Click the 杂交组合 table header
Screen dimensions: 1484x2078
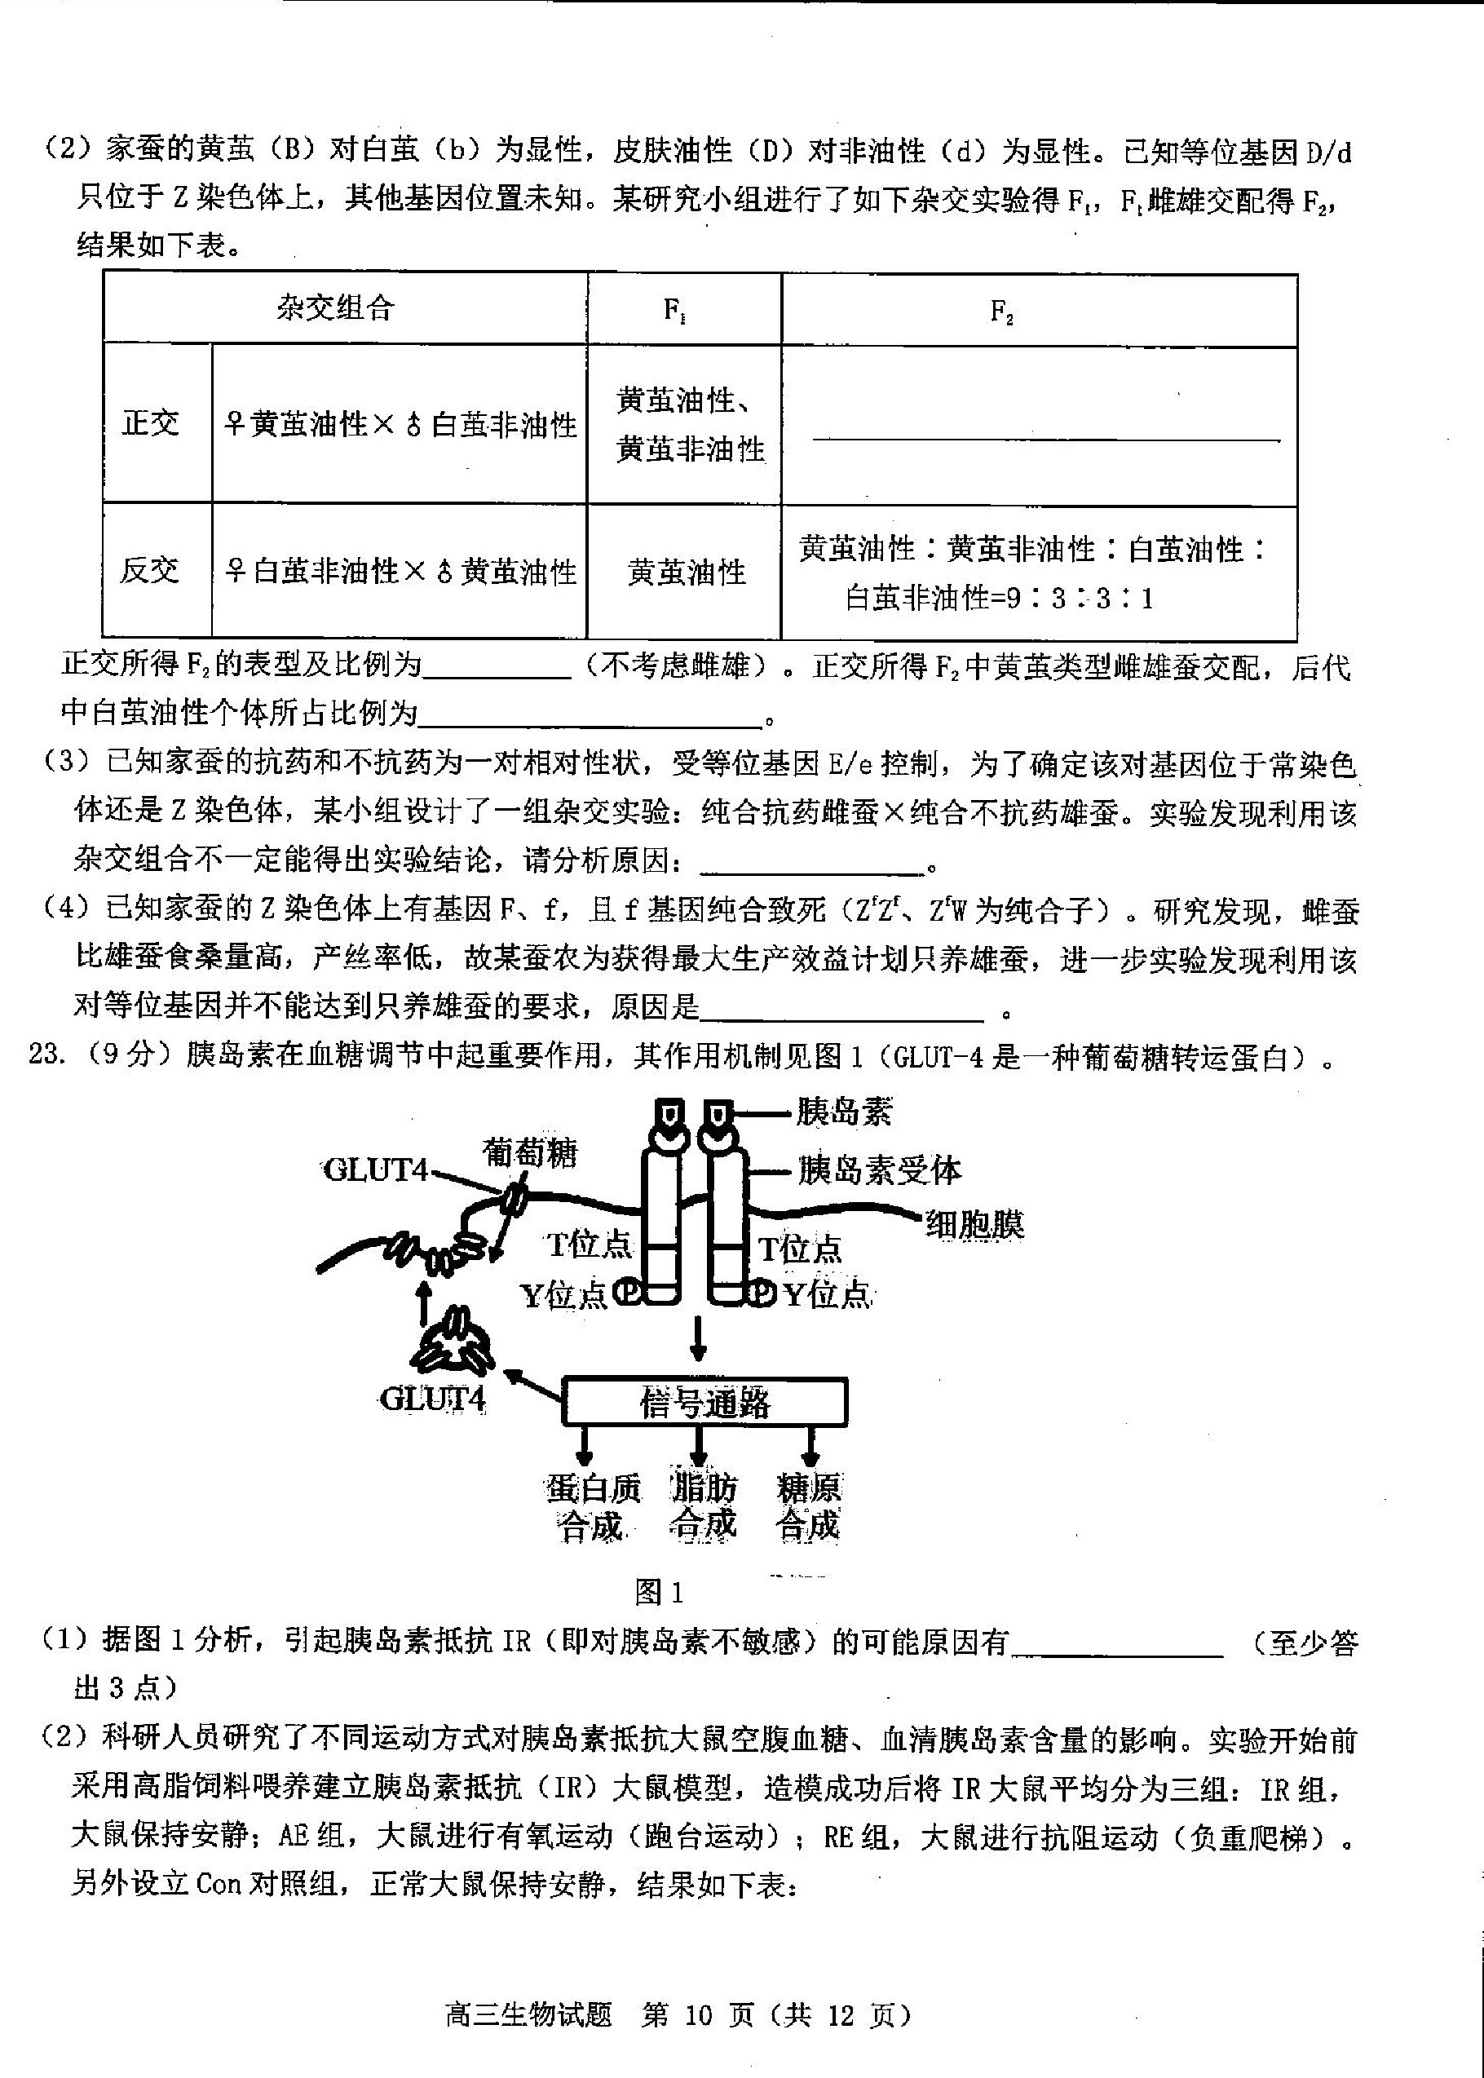point(335,308)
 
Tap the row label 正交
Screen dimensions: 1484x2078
point(151,423)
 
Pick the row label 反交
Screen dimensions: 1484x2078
point(151,570)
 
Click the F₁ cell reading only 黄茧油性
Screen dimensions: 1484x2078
point(687,572)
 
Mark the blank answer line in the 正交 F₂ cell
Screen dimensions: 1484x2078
point(1046,440)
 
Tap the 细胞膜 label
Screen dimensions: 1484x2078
point(975,1224)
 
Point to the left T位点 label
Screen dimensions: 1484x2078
point(590,1245)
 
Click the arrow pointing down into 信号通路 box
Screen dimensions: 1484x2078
point(698,1340)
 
